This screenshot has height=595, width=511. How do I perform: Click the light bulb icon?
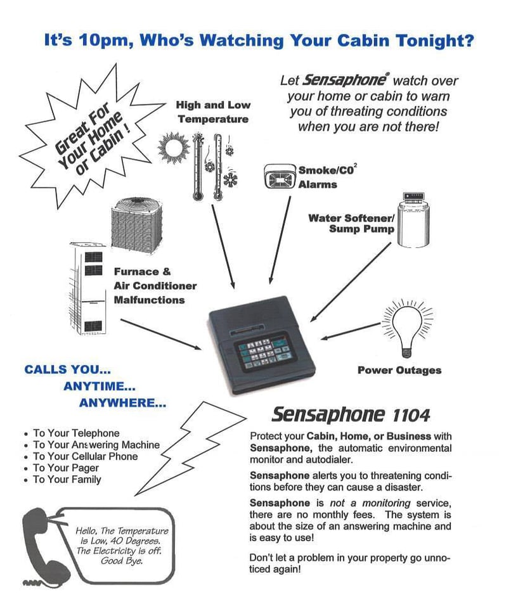tap(407, 326)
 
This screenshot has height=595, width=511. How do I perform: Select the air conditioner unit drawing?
tap(140, 224)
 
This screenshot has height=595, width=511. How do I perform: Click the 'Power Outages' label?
tap(399, 370)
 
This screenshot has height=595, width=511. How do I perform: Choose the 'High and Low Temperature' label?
tap(213, 112)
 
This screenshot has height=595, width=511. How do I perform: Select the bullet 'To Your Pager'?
tap(66, 468)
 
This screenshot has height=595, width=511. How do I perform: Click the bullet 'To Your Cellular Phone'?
tap(85, 456)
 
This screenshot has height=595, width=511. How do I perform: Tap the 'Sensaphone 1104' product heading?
tap(350, 415)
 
